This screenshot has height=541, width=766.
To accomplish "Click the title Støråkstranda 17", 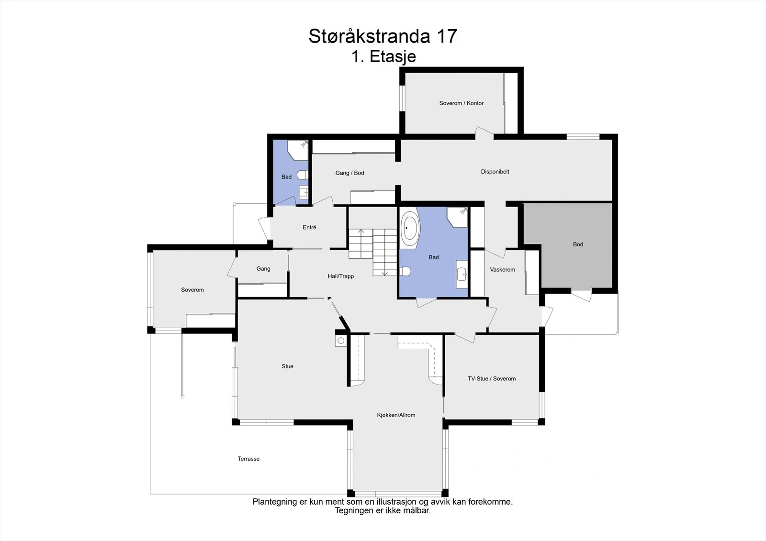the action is [383, 36].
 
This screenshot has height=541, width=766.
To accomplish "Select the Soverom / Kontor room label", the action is [462, 103].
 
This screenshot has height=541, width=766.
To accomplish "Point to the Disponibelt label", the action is [495, 172].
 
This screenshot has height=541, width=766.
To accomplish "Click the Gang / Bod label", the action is [349, 173].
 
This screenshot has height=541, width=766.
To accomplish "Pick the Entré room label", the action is [309, 227].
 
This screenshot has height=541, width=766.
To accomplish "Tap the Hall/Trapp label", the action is [340, 276].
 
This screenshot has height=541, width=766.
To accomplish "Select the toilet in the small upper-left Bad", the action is [303, 175].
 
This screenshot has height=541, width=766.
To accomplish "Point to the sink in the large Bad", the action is [462, 274].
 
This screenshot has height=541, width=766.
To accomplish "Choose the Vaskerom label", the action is [502, 270].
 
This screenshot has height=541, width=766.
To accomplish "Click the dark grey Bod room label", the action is [578, 244].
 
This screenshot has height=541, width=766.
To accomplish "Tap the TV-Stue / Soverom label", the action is [492, 379].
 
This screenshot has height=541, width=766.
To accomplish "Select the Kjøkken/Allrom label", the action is [396, 415].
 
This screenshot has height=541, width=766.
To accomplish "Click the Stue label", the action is [287, 366].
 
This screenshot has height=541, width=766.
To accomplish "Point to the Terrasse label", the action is [248, 459].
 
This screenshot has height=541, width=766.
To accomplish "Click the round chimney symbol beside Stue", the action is [340, 341].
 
